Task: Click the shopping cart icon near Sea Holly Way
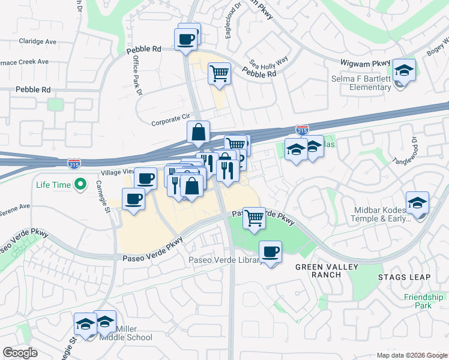tap(220, 74)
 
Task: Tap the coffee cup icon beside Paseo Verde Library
tap(270, 251)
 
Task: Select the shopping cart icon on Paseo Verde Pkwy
tap(255, 218)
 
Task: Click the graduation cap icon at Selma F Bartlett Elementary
tap(404, 71)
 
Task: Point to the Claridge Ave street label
tap(37, 42)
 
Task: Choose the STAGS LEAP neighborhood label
tap(404, 277)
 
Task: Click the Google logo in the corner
tap(20, 353)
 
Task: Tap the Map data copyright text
tap(411, 355)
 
